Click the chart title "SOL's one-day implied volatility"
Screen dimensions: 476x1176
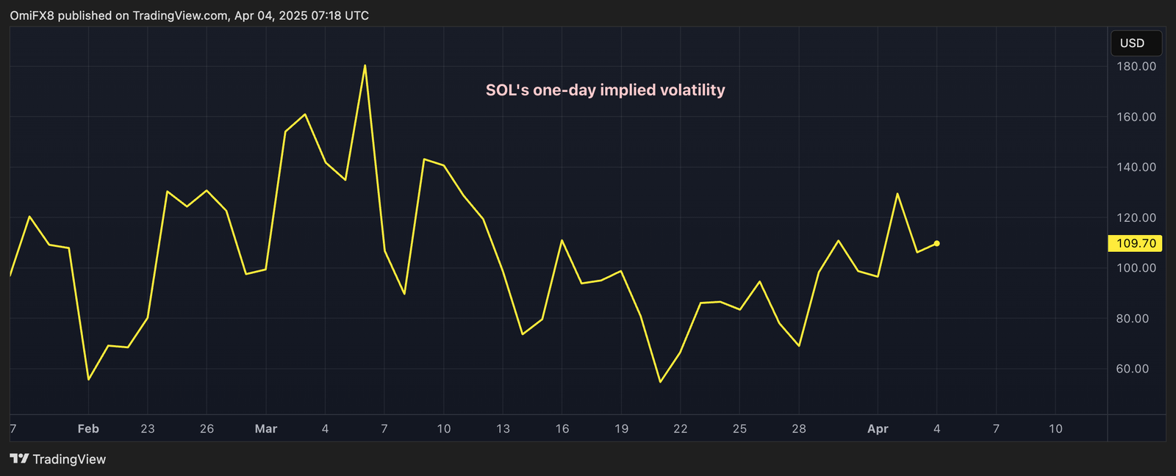(x=605, y=90)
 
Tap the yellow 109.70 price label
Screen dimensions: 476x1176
(x=1135, y=243)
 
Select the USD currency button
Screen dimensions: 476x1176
(x=1135, y=43)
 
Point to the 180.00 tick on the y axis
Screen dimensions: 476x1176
(x=1136, y=66)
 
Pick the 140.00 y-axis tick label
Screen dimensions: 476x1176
(x=1136, y=167)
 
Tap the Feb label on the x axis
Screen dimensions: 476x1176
(x=88, y=429)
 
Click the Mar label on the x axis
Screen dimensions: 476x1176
(x=266, y=429)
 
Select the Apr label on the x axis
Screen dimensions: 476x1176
(x=878, y=429)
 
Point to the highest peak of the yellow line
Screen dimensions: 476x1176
(x=365, y=66)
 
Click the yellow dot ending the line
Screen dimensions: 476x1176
(x=936, y=243)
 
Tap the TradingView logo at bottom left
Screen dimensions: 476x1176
(x=59, y=459)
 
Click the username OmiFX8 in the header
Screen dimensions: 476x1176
(x=32, y=15)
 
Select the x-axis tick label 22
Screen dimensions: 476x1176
(x=681, y=429)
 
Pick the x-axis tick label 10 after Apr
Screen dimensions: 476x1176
(x=1055, y=429)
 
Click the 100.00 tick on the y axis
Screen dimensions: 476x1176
(x=1136, y=268)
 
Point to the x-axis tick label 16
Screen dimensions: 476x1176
(x=562, y=429)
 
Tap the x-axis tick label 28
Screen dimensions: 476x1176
(x=799, y=429)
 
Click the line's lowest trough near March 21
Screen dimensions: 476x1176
(x=660, y=381)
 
